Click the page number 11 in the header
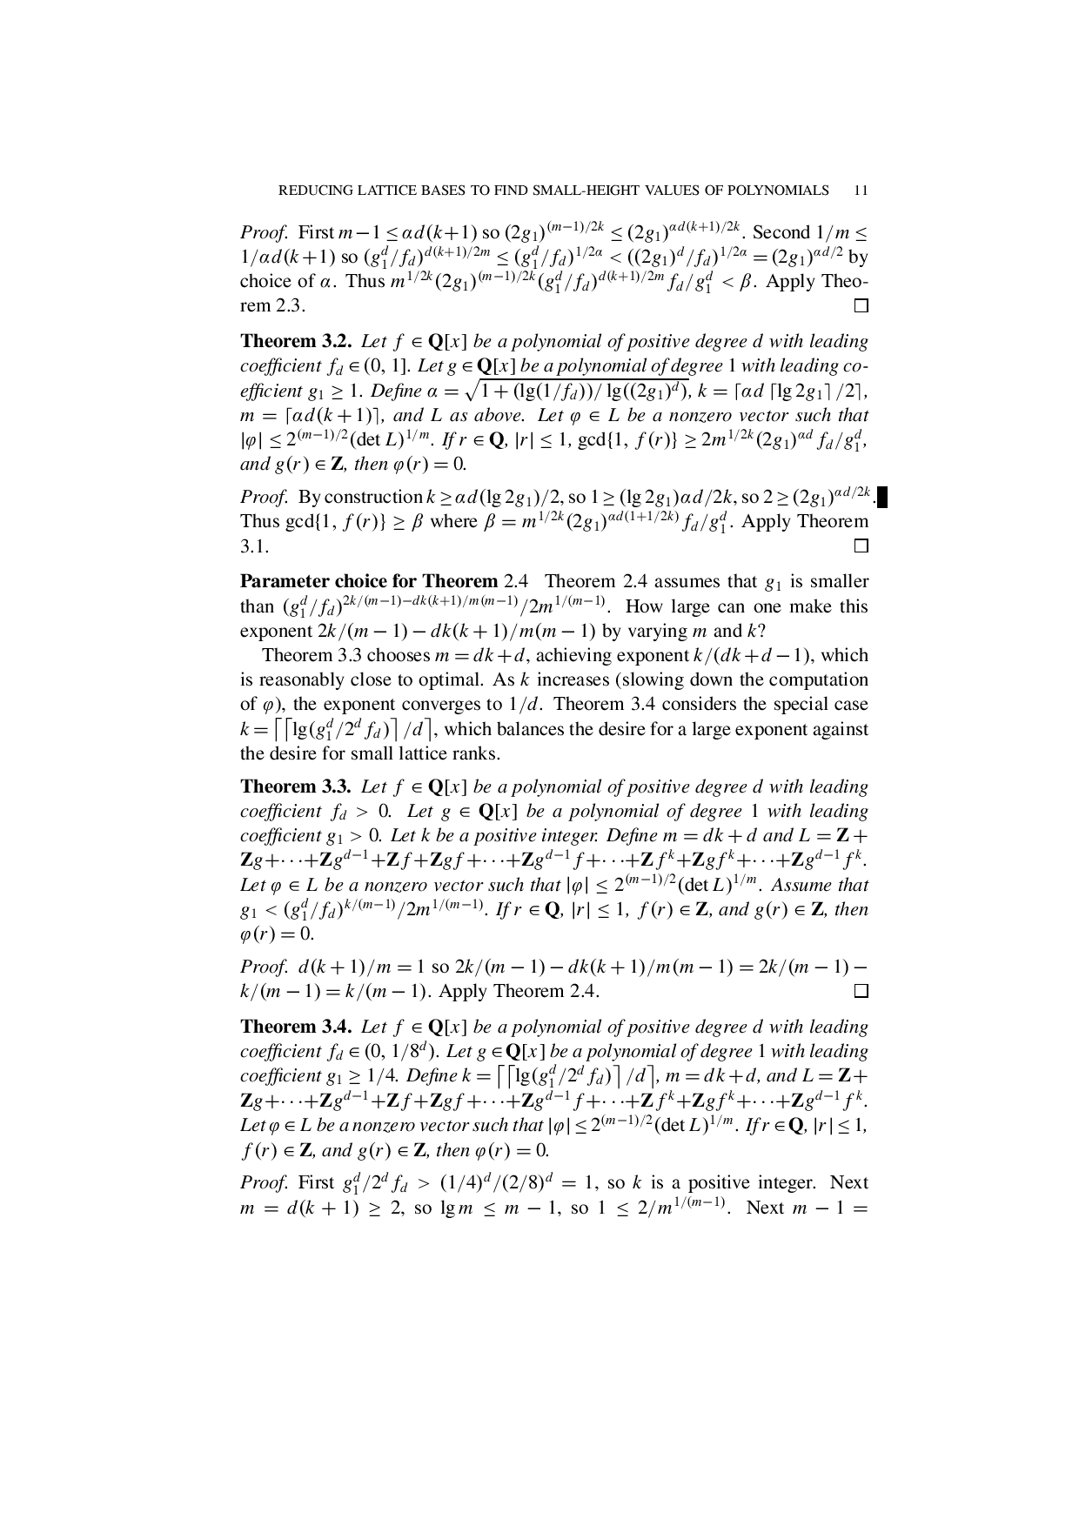point(861,191)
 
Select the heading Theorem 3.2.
point(296,341)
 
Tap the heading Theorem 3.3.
point(296,786)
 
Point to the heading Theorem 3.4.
point(296,1027)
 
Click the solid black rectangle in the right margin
point(881,497)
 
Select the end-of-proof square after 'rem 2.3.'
point(861,306)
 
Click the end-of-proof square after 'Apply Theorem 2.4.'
point(861,992)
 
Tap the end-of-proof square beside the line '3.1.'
point(861,546)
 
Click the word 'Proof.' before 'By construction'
point(264,497)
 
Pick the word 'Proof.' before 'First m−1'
point(264,232)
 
